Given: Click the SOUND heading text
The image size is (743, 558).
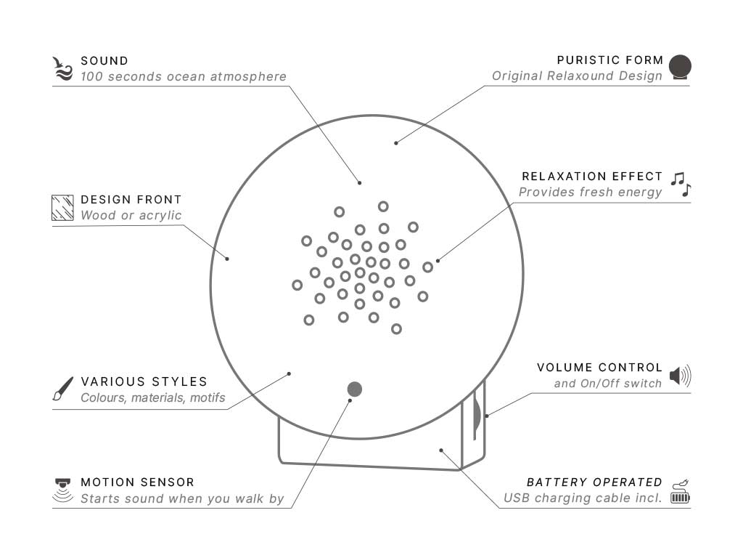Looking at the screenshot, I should (104, 61).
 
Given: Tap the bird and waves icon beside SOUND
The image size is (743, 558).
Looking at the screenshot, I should (64, 68).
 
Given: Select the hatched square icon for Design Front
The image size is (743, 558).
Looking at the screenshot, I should (63, 207).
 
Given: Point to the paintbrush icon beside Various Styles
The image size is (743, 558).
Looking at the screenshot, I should (63, 389).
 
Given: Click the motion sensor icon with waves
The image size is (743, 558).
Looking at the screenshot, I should (63, 490).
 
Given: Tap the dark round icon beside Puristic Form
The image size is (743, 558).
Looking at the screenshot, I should (680, 67).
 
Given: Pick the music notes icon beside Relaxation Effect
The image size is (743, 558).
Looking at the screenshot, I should (681, 185).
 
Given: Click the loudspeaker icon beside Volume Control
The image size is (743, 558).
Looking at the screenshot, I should (680, 376).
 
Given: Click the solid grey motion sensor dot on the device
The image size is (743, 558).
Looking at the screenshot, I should (355, 389).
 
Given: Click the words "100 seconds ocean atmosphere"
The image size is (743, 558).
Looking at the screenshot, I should (184, 77).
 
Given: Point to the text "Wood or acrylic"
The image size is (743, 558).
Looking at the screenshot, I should (131, 215).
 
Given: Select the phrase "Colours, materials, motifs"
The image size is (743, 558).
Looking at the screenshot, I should (153, 397).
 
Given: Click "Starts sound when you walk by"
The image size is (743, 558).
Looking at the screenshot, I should (182, 499).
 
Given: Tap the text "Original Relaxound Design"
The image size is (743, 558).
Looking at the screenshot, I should (577, 76).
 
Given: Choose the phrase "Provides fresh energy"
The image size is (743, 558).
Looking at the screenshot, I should (590, 193).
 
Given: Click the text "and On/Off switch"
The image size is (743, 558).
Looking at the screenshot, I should (608, 384).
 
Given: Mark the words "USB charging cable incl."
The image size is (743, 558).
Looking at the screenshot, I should (583, 498).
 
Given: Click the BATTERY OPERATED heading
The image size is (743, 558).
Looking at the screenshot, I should (594, 482).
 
